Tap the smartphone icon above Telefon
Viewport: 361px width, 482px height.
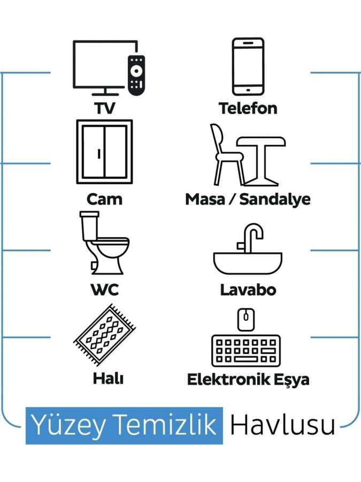(x=248, y=66)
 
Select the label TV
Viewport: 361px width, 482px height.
(x=104, y=108)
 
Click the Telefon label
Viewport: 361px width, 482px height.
(x=248, y=108)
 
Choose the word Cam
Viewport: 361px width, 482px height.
(x=104, y=199)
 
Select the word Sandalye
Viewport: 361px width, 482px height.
(x=275, y=199)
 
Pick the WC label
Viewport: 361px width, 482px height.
(x=104, y=290)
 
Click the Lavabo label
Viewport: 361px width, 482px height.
(x=248, y=290)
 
